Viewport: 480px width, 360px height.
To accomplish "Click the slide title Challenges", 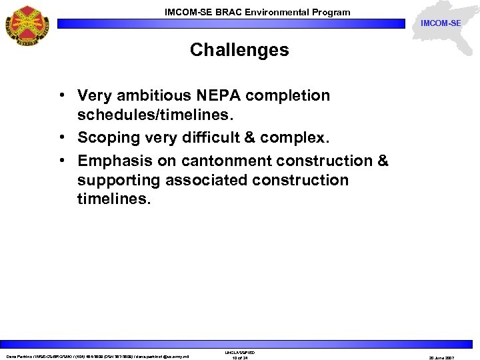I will [239, 50].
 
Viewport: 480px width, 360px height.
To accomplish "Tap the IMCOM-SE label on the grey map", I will [440, 23].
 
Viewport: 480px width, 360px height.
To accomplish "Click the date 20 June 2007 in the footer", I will [440, 358].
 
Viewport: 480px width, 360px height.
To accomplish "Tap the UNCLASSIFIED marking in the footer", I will [239, 352].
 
